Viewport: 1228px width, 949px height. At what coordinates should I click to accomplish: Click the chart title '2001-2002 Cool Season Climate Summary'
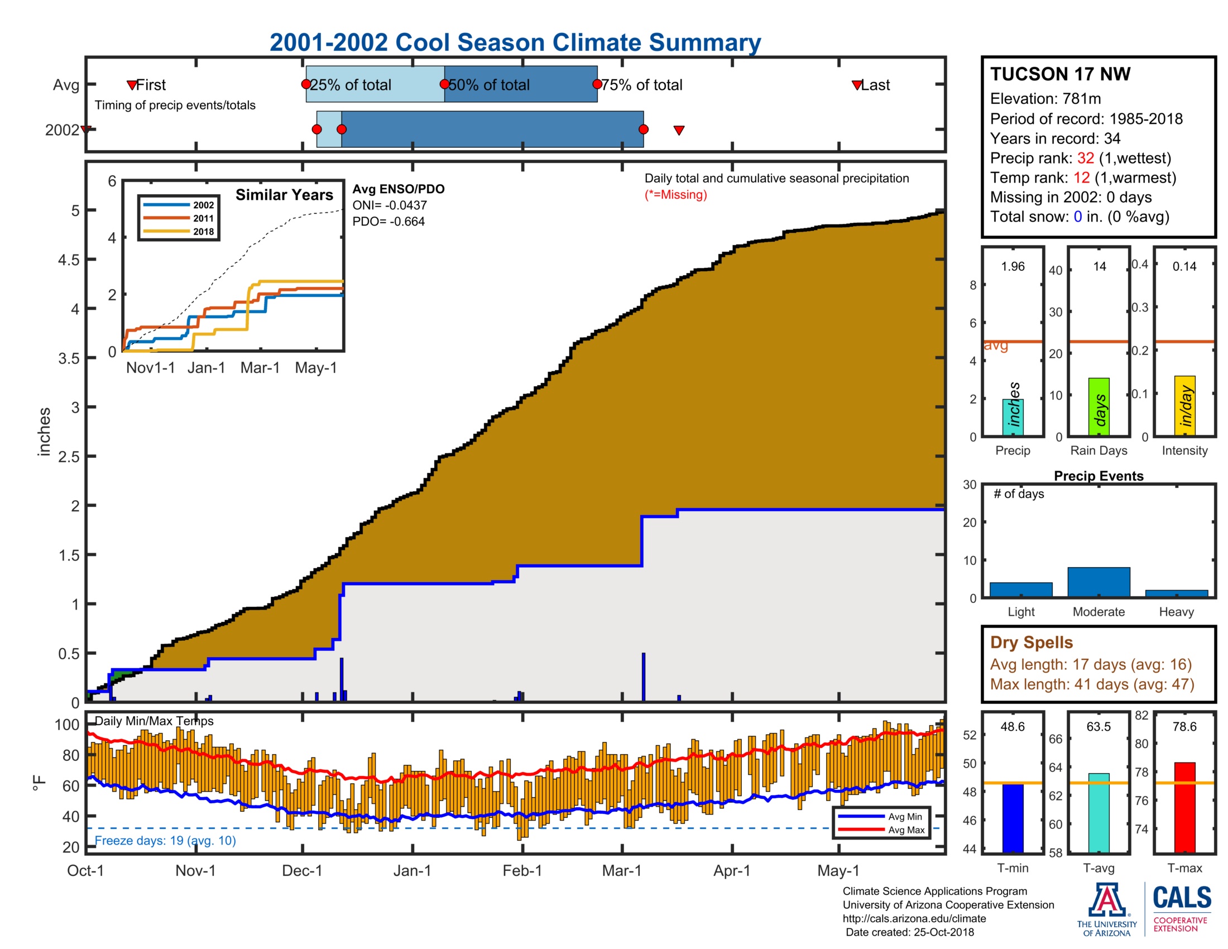[515, 43]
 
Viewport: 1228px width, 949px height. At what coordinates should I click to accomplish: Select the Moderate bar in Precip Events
[1098, 582]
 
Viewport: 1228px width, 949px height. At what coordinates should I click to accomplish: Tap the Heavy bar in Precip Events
[1176, 593]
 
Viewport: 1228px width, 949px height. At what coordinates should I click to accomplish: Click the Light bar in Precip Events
[1020, 589]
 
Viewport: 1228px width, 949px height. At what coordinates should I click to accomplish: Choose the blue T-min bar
[1013, 818]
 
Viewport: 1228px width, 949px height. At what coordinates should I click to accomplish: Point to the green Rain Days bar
[1099, 406]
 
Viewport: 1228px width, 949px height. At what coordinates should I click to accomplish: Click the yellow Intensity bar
[1184, 405]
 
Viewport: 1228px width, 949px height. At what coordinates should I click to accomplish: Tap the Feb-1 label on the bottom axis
[522, 871]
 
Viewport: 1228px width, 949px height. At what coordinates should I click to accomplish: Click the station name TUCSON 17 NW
[1060, 74]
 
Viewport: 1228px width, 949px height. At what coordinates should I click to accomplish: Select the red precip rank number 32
[1085, 158]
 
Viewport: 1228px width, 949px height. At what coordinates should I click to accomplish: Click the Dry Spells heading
[1031, 642]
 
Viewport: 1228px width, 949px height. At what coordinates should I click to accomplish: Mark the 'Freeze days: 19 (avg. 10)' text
[165, 841]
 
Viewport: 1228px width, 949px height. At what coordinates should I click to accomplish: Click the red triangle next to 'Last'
[856, 85]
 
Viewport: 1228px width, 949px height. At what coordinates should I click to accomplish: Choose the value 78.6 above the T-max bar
[1184, 726]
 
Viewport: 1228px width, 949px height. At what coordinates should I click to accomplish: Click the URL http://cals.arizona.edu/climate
[914, 919]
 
